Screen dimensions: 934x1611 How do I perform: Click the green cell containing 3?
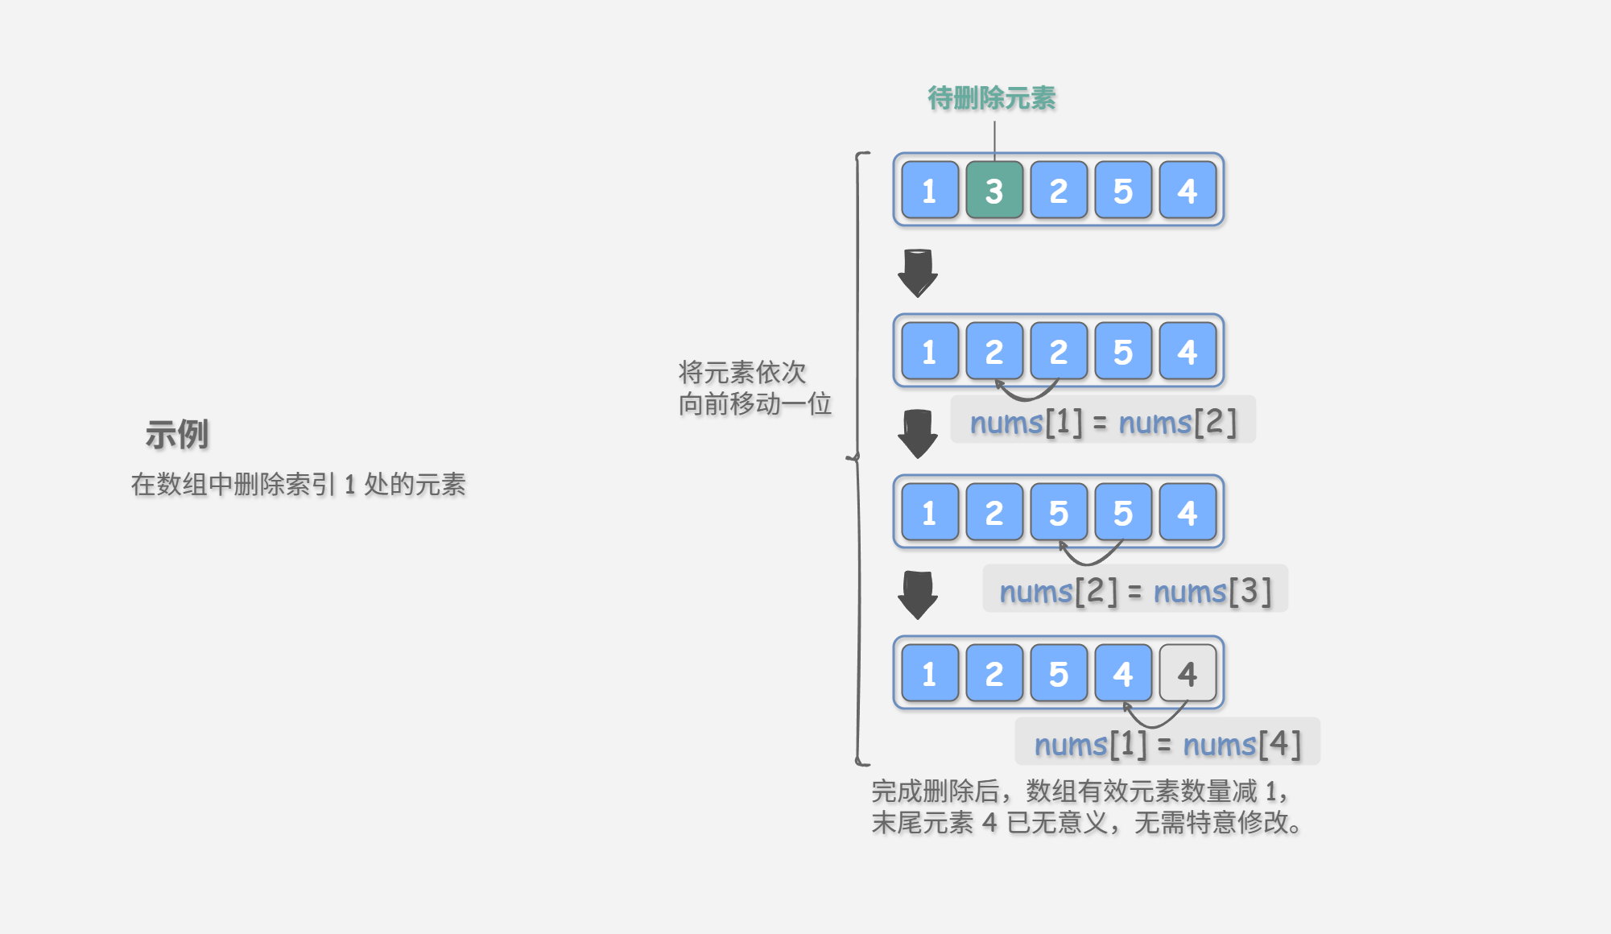(994, 191)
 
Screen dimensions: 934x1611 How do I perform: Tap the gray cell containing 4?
(1188, 674)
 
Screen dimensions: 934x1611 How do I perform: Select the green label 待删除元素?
(992, 98)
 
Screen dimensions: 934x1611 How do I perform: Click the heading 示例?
(177, 435)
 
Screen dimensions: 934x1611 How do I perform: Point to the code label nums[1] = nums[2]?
(1103, 421)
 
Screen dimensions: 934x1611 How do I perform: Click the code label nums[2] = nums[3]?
(1135, 590)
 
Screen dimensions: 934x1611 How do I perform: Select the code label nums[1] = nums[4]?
(1167, 743)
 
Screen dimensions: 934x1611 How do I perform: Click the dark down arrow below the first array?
(918, 273)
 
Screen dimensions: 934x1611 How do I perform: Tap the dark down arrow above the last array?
(918, 595)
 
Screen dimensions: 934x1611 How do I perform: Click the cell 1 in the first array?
(930, 191)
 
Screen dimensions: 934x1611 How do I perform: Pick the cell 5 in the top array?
(1123, 191)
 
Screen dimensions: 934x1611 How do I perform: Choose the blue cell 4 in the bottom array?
(1123, 674)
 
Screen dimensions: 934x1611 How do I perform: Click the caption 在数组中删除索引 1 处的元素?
(299, 485)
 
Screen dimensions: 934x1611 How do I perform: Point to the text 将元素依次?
(742, 372)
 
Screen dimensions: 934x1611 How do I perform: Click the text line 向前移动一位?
(755, 404)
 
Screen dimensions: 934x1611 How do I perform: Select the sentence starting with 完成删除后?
(1079, 791)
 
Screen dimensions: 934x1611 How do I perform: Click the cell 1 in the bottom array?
(930, 674)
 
